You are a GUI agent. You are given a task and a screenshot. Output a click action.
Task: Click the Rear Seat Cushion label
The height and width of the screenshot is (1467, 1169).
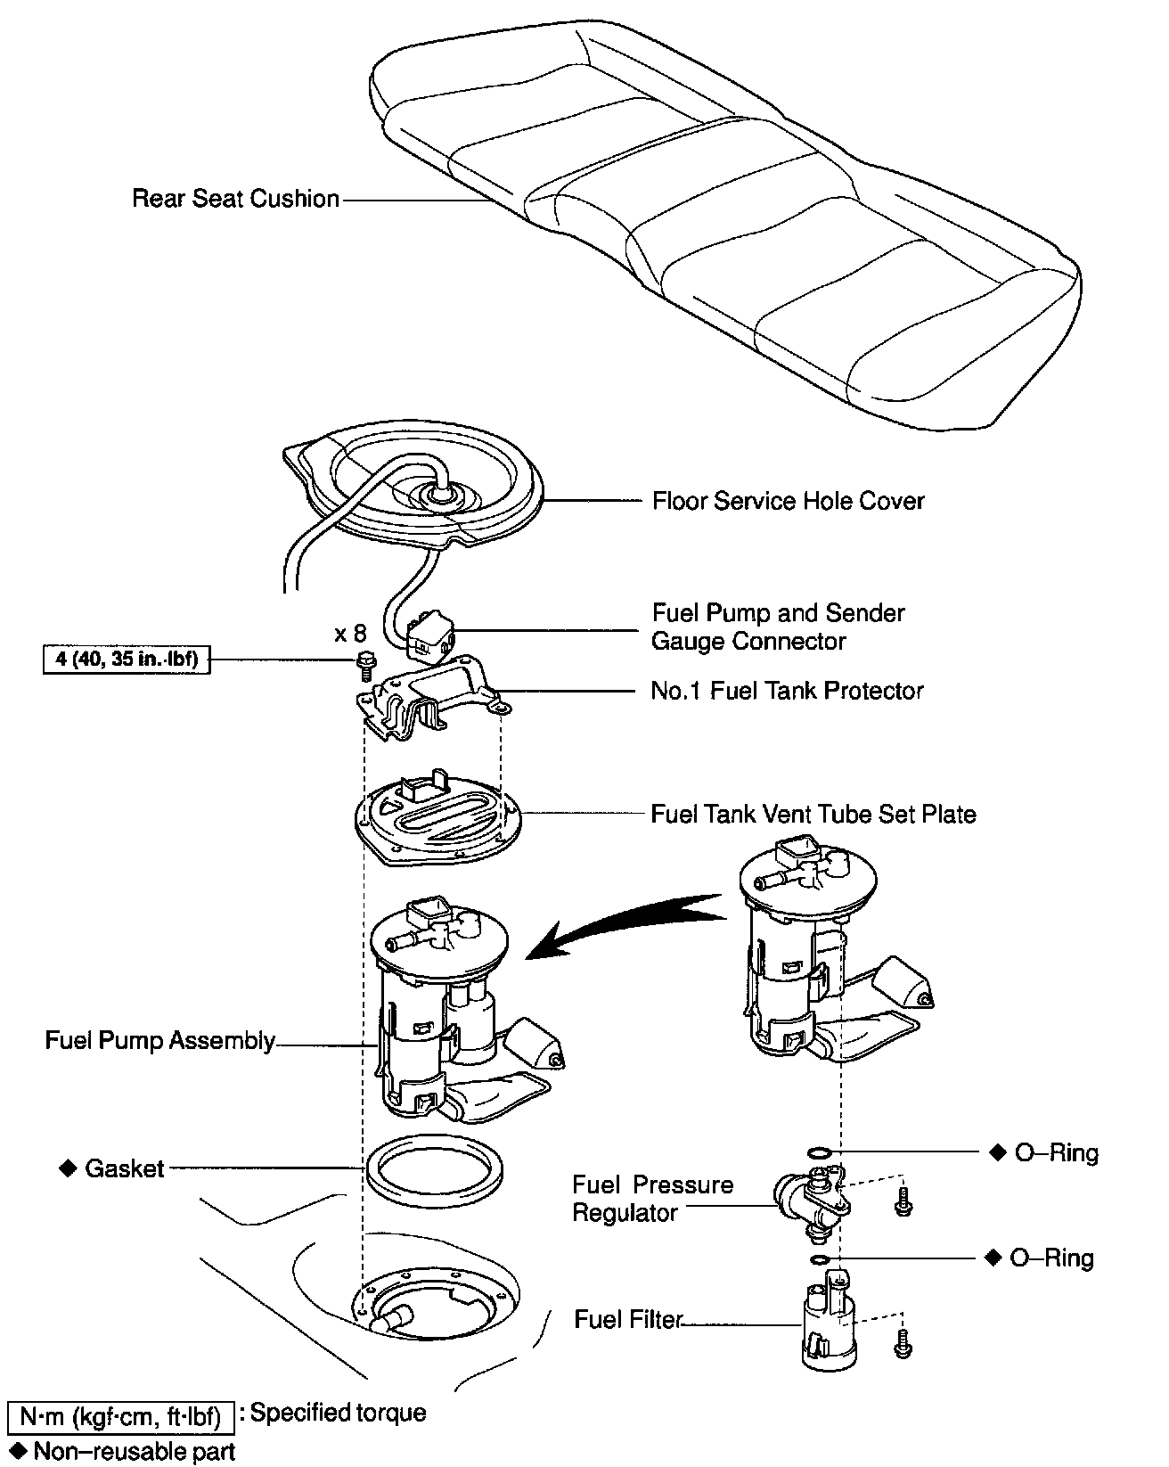(x=235, y=198)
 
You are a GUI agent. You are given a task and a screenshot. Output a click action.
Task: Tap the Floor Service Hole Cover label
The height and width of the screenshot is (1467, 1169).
(x=788, y=501)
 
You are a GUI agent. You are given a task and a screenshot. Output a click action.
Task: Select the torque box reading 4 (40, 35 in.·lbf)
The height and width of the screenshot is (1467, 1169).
(x=127, y=660)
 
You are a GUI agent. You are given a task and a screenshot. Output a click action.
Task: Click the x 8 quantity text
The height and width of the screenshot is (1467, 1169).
(x=350, y=634)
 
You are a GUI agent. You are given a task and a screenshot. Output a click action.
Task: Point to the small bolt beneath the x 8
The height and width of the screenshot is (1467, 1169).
(x=364, y=661)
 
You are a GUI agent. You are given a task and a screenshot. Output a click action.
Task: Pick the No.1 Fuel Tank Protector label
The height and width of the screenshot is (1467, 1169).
(x=787, y=691)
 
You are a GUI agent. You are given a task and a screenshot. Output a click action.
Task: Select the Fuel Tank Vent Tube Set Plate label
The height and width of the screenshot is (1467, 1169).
(x=813, y=814)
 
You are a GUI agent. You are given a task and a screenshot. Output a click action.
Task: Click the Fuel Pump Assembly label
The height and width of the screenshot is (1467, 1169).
(x=160, y=1040)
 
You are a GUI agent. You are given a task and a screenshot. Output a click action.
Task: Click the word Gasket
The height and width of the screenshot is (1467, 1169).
(x=125, y=1168)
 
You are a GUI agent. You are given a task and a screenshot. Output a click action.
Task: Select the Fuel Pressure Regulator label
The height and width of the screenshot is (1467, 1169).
(x=652, y=1198)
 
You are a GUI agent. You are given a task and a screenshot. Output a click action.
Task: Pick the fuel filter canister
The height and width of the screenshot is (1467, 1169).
(x=828, y=1328)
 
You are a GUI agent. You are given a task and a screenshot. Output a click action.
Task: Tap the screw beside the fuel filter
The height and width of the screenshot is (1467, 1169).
(x=903, y=1342)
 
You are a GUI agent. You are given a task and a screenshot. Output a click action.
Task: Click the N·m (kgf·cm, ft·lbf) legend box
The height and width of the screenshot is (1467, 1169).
(x=120, y=1415)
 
